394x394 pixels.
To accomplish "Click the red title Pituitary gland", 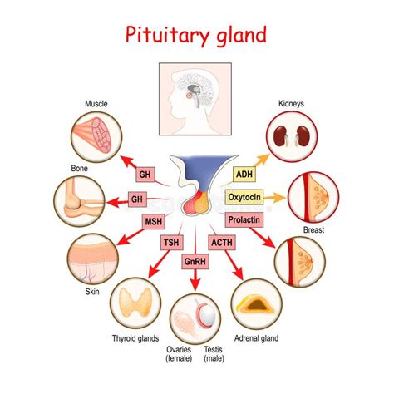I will [197, 36].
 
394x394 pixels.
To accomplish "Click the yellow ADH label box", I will [244, 175].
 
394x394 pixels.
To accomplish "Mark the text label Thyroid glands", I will [136, 339].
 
